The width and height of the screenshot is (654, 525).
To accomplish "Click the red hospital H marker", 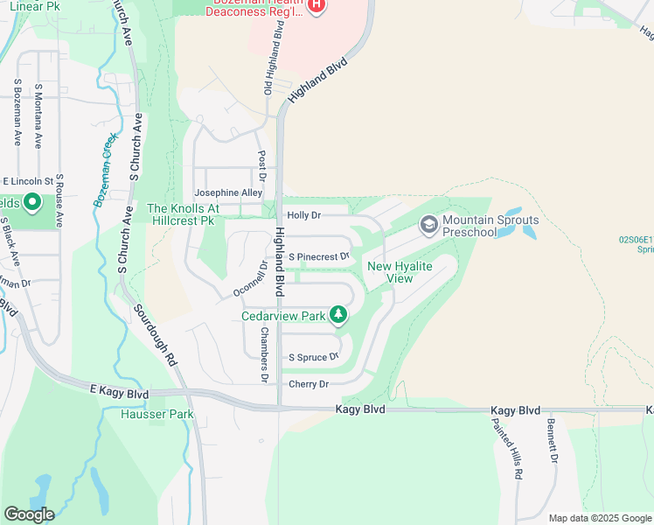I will pyautogui.click(x=316, y=6).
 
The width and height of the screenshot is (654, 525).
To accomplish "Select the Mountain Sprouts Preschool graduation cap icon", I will pyautogui.click(x=429, y=226).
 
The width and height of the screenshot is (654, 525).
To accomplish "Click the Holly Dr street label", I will pyautogui.click(x=304, y=215).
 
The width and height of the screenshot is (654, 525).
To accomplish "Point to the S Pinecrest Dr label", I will pyautogui.click(x=319, y=257).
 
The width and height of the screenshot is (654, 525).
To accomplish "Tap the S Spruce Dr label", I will pyautogui.click(x=313, y=358).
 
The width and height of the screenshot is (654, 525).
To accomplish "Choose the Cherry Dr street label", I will pyautogui.click(x=309, y=384).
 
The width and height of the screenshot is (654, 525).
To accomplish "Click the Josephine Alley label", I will pyautogui.click(x=228, y=192).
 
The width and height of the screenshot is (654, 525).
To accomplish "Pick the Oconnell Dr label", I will pyautogui.click(x=249, y=277).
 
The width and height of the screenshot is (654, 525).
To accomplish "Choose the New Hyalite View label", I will pyautogui.click(x=390, y=272).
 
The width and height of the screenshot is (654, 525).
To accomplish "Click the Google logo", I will pyautogui.click(x=29, y=514).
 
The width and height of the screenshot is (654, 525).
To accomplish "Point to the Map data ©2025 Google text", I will pyautogui.click(x=599, y=518).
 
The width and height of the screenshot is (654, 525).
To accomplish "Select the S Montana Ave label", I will pyautogui.click(x=38, y=115).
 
